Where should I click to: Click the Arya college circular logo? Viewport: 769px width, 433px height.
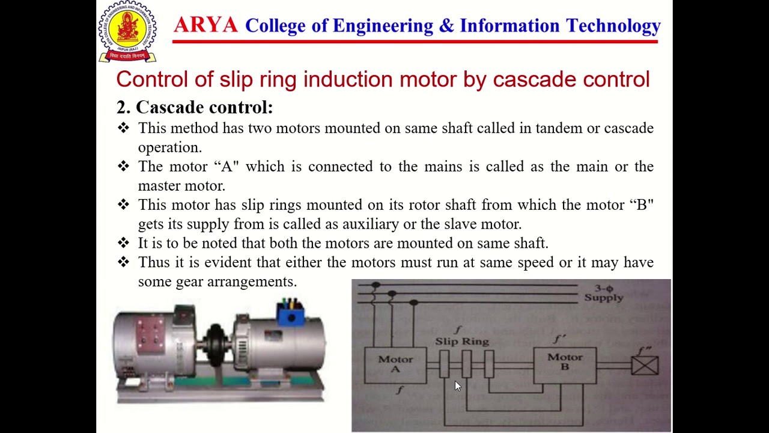pyautogui.click(x=127, y=31)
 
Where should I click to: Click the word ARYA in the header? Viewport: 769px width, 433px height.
pyautogui.click(x=205, y=25)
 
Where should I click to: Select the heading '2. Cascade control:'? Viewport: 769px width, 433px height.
pyautogui.click(x=195, y=108)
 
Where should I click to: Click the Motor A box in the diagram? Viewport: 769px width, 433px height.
pyautogui.click(x=395, y=364)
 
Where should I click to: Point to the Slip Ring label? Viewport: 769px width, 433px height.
pyautogui.click(x=462, y=342)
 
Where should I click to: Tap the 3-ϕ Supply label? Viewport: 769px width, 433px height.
pyautogui.click(x=604, y=293)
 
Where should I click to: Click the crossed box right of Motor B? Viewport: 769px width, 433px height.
pyautogui.click(x=645, y=365)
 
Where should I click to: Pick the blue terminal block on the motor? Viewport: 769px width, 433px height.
pyautogui.click(x=290, y=313)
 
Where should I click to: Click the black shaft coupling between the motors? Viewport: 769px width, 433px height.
pyautogui.click(x=216, y=344)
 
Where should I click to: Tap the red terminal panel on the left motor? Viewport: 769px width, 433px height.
pyautogui.click(x=150, y=333)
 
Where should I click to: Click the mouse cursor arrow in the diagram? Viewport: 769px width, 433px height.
pyautogui.click(x=457, y=386)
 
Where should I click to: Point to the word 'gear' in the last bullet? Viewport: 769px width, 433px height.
pyautogui.click(x=189, y=282)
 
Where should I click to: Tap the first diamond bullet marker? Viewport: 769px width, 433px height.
pyautogui.click(x=123, y=128)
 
